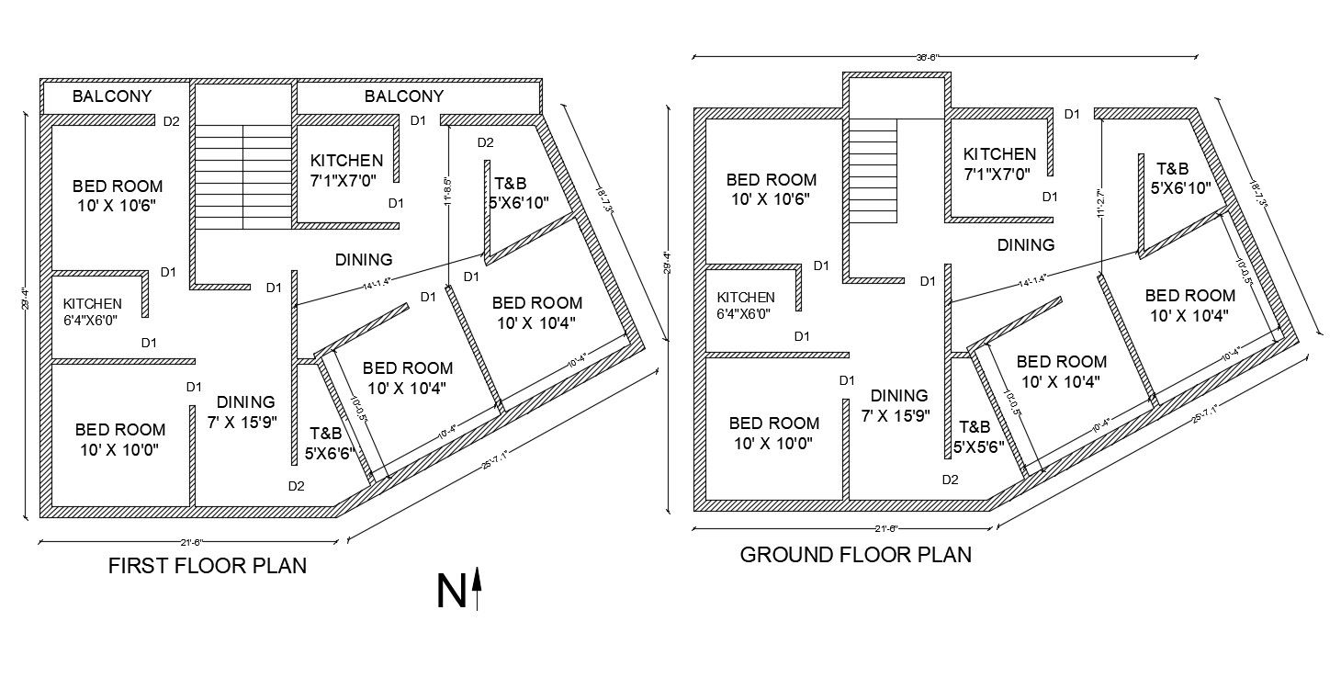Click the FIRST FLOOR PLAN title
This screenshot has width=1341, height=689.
point(208,566)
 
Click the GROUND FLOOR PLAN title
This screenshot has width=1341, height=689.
point(855,555)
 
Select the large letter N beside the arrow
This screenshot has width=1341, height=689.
point(450,593)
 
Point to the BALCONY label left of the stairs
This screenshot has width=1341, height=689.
point(112,96)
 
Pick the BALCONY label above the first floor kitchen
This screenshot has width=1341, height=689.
point(404,96)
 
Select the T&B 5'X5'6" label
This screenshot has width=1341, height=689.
point(975,437)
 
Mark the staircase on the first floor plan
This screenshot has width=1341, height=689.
point(242,177)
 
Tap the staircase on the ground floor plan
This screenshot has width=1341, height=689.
point(872,172)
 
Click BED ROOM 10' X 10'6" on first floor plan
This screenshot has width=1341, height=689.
point(118,196)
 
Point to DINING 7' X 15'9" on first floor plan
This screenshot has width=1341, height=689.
point(245,412)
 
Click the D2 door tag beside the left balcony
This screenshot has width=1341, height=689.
point(171,120)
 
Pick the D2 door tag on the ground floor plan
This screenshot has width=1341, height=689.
point(950,480)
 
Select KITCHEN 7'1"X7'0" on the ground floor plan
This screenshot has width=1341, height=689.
point(999,164)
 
